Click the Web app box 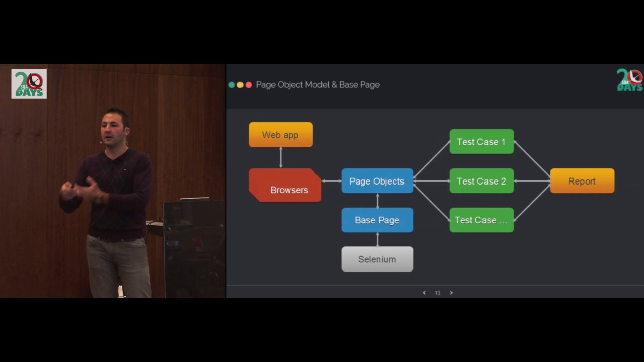point(281,135)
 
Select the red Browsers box point(285,186)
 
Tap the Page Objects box point(377,181)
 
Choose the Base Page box point(377,220)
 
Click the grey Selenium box point(377,259)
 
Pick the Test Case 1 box point(481,142)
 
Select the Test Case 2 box point(481,181)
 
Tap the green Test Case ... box point(481,220)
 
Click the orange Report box point(582,181)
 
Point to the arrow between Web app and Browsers point(281,157)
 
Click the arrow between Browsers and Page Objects point(332,181)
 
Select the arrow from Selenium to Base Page point(377,239)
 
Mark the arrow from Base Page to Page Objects point(377,201)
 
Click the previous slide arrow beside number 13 point(424,293)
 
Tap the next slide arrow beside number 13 point(451,293)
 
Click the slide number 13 point(438,293)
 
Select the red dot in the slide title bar point(249,85)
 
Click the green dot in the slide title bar point(232,85)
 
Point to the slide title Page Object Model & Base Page point(317,85)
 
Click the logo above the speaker point(29,83)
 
